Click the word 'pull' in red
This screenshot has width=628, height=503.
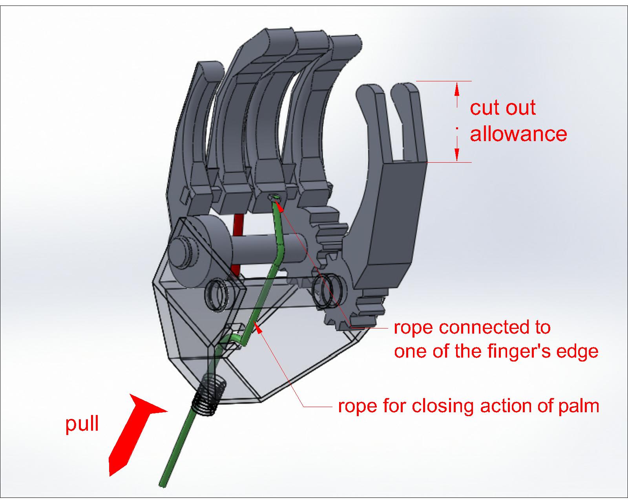(x=82, y=424)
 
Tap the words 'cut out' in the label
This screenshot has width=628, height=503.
(x=503, y=108)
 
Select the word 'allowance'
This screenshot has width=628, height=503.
(x=518, y=134)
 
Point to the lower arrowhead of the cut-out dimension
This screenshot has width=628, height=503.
(x=457, y=155)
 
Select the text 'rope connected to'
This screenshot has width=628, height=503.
(x=472, y=327)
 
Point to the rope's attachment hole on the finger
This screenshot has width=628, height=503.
(x=274, y=197)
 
